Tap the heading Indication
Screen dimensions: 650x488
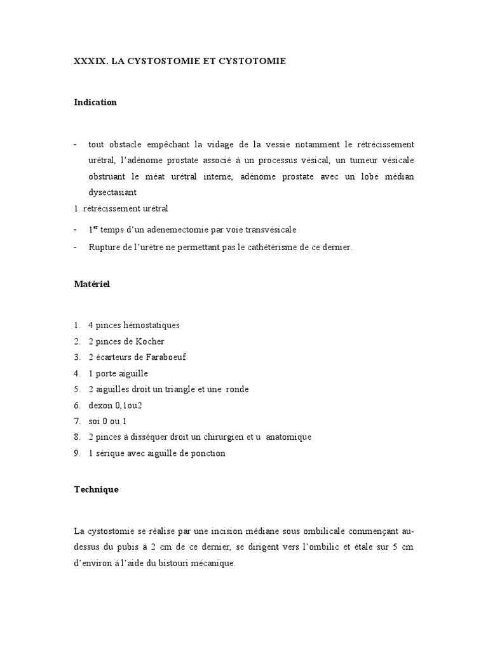tap(95, 102)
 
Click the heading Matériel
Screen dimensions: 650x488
tap(92, 284)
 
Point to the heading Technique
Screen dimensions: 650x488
tap(96, 490)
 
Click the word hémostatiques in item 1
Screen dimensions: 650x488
tap(151, 325)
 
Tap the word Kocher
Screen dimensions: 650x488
tap(149, 342)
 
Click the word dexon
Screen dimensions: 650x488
tap(100, 405)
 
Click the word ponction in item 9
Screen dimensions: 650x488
tap(208, 453)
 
